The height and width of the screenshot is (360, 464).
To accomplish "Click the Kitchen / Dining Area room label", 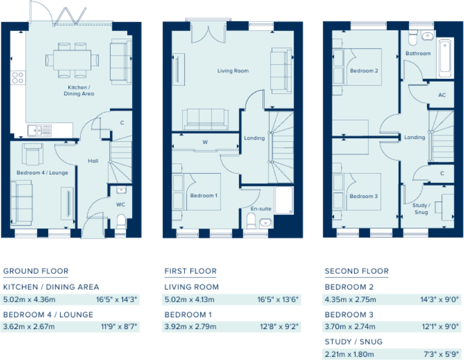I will coord(80,90).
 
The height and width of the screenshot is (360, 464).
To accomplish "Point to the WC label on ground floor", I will coord(120,204).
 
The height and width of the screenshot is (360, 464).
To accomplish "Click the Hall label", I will coord(93,161).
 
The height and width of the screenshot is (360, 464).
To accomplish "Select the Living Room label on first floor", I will coord(233,71).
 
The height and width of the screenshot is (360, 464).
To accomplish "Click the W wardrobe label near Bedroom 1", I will coord(204,143).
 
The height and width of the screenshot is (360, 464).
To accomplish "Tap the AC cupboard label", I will coord(442,95).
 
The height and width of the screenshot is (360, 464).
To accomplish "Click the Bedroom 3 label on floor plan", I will coord(363,196).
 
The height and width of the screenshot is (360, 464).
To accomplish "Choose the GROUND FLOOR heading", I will coord(36,271).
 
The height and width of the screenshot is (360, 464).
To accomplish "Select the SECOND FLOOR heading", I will coord(356,271).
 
